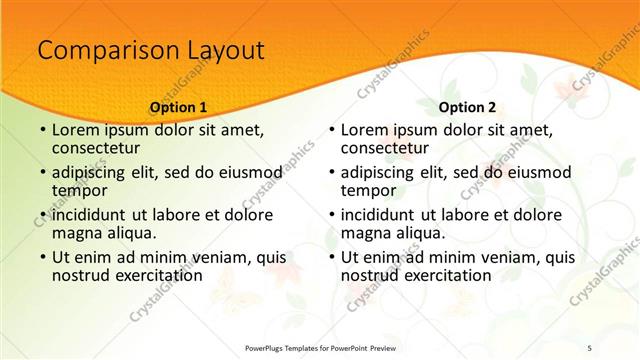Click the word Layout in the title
tap(222, 51)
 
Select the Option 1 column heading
tap(178, 107)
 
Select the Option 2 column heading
tap(467, 107)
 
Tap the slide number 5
tap(590, 347)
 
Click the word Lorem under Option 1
tap(77, 130)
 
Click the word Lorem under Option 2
tap(366, 130)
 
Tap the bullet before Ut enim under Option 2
tap(331, 257)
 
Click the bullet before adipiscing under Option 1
tap(42, 172)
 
